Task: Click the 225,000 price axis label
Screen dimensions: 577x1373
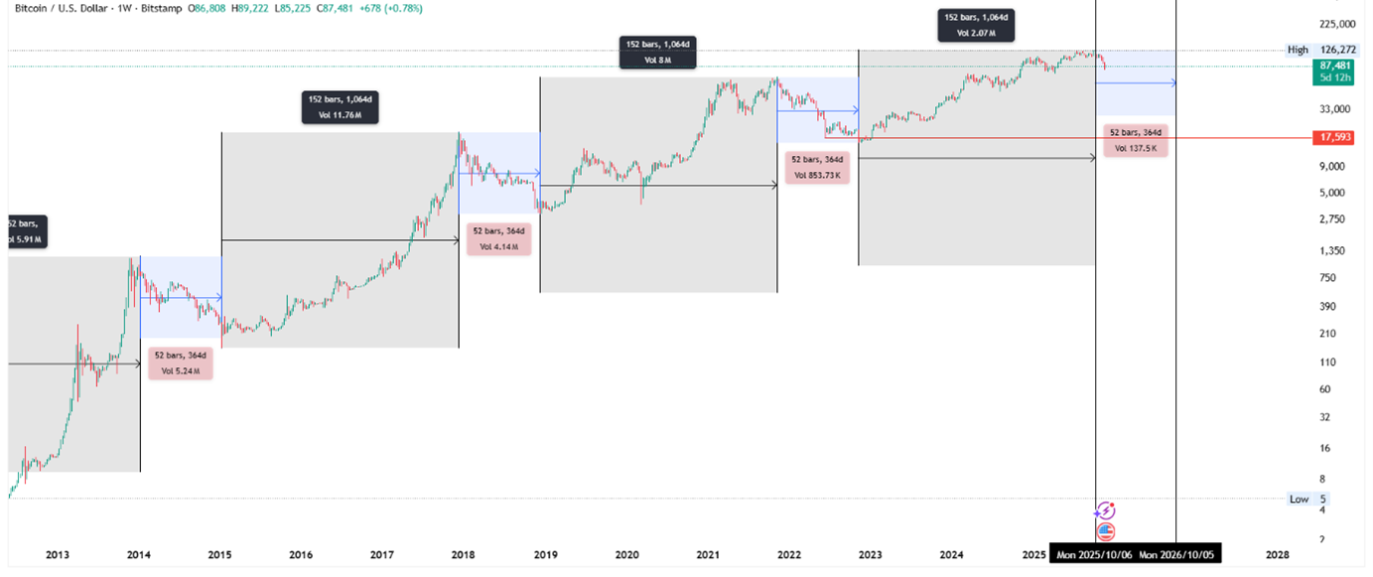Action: pyautogui.click(x=1334, y=24)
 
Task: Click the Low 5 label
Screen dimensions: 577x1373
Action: pyautogui.click(x=1307, y=499)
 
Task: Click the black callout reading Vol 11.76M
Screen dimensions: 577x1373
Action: pyautogui.click(x=341, y=106)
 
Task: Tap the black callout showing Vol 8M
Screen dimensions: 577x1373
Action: pyautogui.click(x=657, y=52)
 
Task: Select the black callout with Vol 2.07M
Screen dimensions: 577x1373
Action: pyautogui.click(x=977, y=26)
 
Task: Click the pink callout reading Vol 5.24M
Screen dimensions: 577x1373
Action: pyautogui.click(x=181, y=363)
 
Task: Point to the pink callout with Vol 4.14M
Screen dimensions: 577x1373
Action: pyautogui.click(x=498, y=238)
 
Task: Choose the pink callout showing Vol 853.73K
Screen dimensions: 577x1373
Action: pyautogui.click(x=815, y=167)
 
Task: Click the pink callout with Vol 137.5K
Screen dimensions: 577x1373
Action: pyautogui.click(x=1136, y=140)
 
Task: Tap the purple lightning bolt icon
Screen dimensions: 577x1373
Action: pyautogui.click(x=1105, y=510)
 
